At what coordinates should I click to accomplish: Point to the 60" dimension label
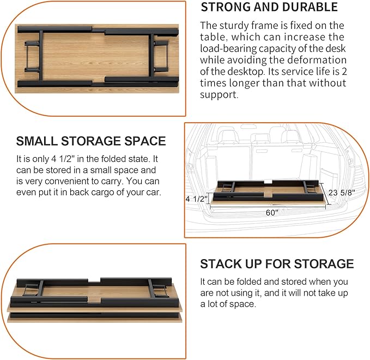coord(272,213)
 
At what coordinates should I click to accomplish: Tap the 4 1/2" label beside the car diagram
coord(197,199)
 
